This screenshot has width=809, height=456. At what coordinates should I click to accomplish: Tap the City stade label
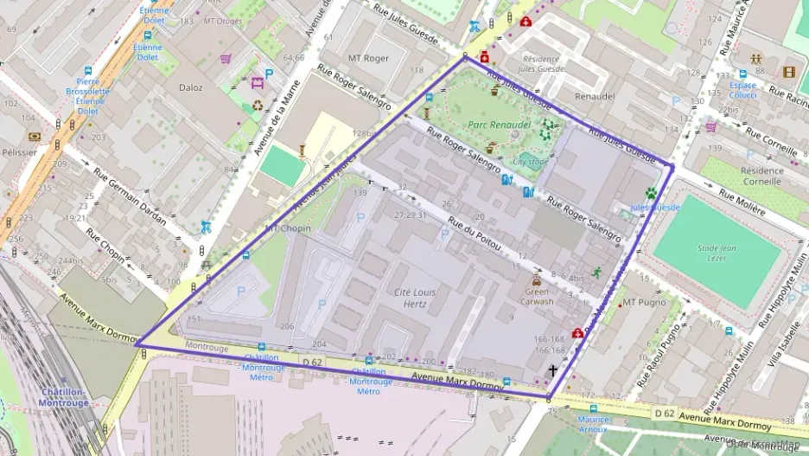pyautogui.click(x=531, y=161)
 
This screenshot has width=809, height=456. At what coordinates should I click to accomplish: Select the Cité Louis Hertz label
pyautogui.click(x=415, y=299)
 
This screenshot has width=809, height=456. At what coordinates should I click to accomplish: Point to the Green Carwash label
pyautogui.click(x=537, y=297)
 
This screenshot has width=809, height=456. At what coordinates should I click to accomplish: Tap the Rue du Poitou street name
pyautogui.click(x=475, y=234)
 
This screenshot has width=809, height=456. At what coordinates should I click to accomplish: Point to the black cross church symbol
pyautogui.click(x=552, y=370)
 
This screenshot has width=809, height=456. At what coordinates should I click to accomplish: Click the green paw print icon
pyautogui.click(x=650, y=193)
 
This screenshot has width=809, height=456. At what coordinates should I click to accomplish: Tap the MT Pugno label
pyautogui.click(x=645, y=303)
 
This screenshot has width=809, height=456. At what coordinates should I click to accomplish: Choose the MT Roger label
pyautogui.click(x=368, y=59)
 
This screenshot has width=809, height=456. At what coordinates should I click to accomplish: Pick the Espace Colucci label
pyautogui.click(x=742, y=90)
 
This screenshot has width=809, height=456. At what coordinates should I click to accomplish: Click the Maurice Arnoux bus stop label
pyautogui.click(x=593, y=424)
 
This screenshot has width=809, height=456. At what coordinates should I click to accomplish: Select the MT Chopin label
pyautogui.click(x=288, y=228)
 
